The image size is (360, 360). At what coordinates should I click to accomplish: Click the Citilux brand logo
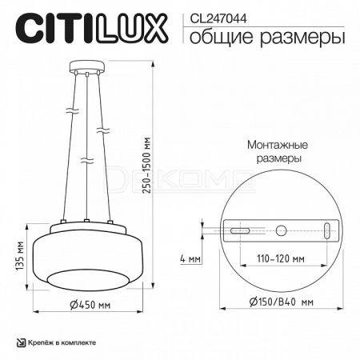pos(91,29)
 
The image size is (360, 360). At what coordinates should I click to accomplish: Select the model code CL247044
pos(218,18)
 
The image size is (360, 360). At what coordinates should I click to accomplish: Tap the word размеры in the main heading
pos(302,38)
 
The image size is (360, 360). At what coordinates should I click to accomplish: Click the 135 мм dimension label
pos(20,256)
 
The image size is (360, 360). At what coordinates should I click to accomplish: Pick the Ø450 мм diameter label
pos(90,305)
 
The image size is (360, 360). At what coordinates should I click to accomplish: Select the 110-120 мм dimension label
pos(281,258)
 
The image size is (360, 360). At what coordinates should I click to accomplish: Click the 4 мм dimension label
pos(190,258)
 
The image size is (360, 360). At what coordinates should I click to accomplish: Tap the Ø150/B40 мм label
pos(282,302)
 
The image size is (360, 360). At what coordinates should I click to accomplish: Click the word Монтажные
pos(278,145)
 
